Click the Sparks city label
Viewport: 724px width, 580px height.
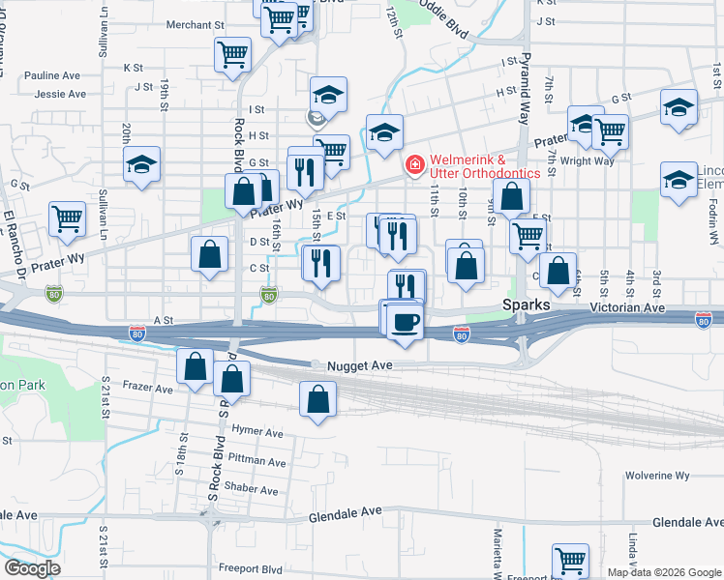coord(527,304)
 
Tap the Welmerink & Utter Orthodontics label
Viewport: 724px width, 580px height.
coord(484,165)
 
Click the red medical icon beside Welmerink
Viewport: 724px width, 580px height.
coord(414,165)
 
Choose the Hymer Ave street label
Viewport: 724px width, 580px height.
coord(256,432)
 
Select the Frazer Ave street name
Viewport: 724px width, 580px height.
coord(147,389)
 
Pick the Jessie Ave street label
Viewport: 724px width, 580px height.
coord(59,94)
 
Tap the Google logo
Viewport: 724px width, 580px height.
coord(32,568)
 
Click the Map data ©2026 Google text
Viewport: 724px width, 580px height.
coord(664,572)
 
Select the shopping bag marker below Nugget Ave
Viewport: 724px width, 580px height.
coord(318,399)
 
